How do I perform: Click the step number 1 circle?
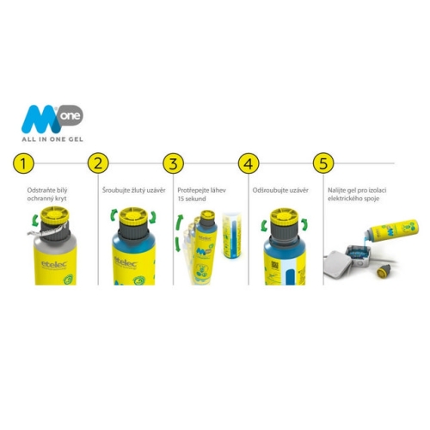coord(23,163)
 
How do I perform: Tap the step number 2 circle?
coord(98,163)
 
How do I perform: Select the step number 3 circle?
coord(174,163)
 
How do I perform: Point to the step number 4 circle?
coord(249,163)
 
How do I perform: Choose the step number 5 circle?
coord(323,163)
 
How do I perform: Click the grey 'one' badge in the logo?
coord(71,115)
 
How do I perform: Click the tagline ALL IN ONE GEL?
coord(52,139)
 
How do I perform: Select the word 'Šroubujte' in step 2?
coord(116,190)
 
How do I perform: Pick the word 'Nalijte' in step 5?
coord(335,190)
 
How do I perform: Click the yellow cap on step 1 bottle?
coord(54,216)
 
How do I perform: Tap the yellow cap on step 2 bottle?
coord(133,217)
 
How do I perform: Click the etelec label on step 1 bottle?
coord(54,264)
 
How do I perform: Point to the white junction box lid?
coord(338,263)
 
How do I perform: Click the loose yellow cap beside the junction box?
coord(384,271)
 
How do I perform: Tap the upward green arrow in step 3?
coord(180,223)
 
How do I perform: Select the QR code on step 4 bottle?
coord(274,266)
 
